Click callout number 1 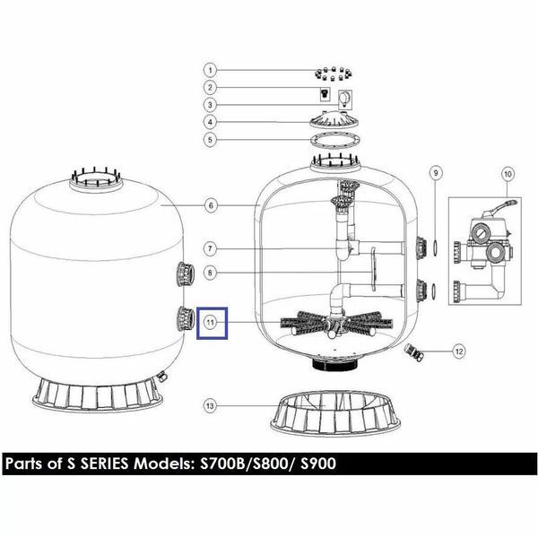pyautogui.click(x=211, y=70)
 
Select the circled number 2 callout pyautogui.click(x=211, y=87)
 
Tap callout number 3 pyautogui.click(x=211, y=105)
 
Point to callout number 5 pyautogui.click(x=211, y=140)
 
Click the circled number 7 pyautogui.click(x=211, y=248)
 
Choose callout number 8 pyautogui.click(x=211, y=273)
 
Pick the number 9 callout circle pyautogui.click(x=436, y=172)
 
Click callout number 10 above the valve pyautogui.click(x=508, y=174)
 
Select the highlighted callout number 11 pyautogui.click(x=211, y=323)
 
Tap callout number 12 pyautogui.click(x=459, y=351)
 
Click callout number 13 pyautogui.click(x=210, y=406)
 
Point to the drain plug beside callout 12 pyautogui.click(x=412, y=352)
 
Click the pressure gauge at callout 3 pyautogui.click(x=345, y=100)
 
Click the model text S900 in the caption pyautogui.click(x=317, y=464)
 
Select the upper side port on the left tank pyautogui.click(x=186, y=273)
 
